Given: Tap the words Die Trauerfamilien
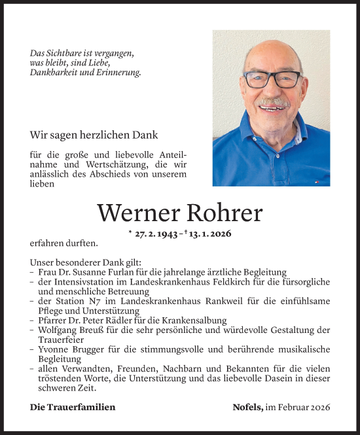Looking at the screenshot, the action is click(x=73, y=407).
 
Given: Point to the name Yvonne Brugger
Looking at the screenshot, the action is click(x=62, y=349).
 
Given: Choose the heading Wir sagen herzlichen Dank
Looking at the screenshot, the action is click(x=94, y=135).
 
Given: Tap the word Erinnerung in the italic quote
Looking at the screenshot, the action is click(x=120, y=72).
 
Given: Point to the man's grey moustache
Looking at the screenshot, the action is click(x=273, y=103).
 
